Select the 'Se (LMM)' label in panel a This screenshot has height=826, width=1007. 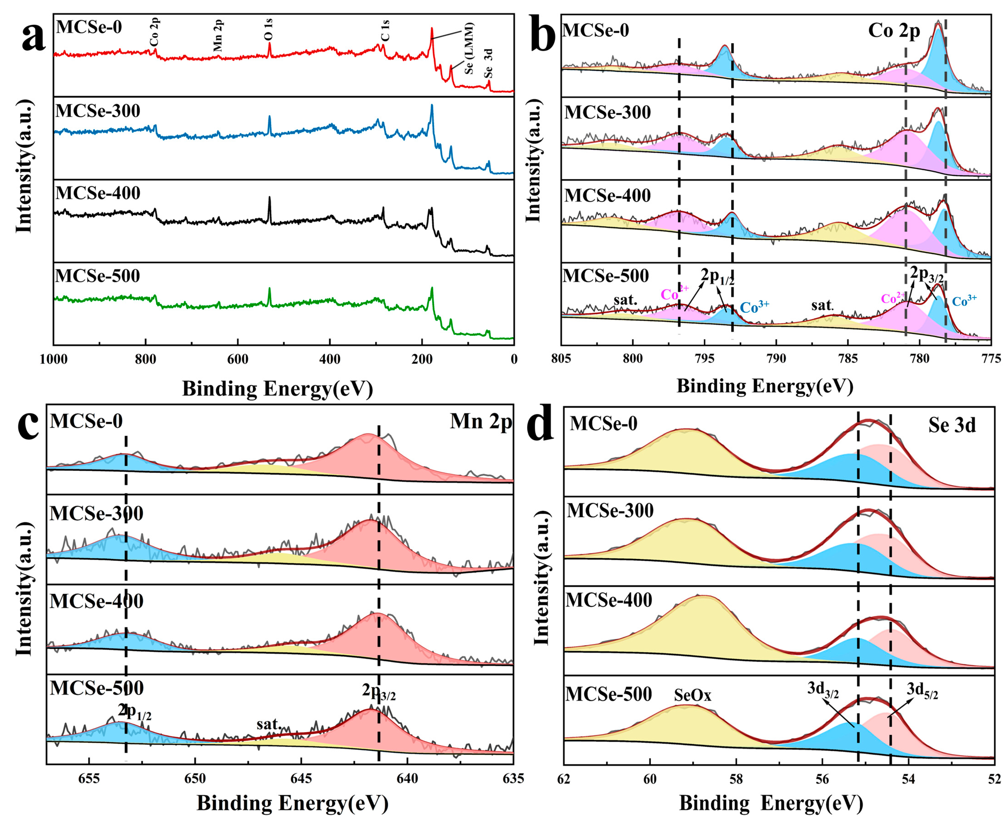pyautogui.click(x=469, y=48)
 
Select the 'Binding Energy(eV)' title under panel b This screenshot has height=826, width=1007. pyautogui.click(x=764, y=385)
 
